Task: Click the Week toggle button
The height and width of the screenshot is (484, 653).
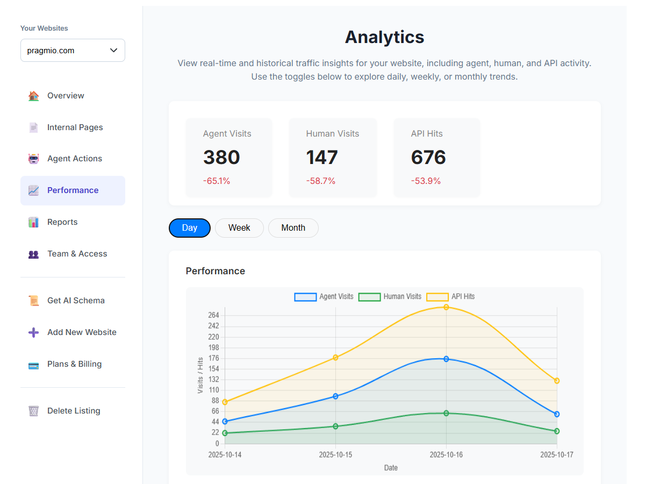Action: [239, 228]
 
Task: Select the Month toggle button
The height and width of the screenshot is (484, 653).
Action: [293, 228]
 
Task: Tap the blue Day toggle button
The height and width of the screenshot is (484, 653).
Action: [190, 228]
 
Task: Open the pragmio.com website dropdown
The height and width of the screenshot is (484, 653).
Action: [73, 51]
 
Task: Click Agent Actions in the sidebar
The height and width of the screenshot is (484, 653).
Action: [74, 159]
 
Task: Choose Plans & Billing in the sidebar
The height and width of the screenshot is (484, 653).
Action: [74, 364]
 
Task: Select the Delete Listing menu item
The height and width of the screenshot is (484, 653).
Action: [74, 411]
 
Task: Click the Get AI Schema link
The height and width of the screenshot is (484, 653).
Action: [76, 301]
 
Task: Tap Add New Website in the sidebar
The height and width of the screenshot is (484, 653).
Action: [82, 332]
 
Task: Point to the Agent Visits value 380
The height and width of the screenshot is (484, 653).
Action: [221, 158]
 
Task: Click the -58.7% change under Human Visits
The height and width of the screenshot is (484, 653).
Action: [321, 181]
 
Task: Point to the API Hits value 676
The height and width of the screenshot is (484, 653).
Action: [428, 158]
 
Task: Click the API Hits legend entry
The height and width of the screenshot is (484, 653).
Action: [451, 296]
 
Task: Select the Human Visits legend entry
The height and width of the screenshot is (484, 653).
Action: [390, 296]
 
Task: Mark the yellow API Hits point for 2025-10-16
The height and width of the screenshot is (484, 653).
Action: [446, 307]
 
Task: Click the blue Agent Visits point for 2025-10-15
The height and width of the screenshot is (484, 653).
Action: [335, 396]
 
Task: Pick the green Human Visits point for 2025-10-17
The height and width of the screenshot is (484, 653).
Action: [557, 431]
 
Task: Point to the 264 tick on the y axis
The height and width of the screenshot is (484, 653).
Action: [213, 315]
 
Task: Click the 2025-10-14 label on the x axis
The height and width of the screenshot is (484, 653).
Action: [225, 455]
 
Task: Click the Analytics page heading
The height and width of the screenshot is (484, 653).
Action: [384, 37]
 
